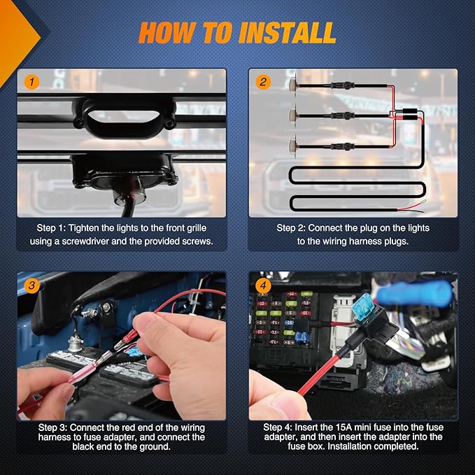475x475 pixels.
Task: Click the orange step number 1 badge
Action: pos(31,82)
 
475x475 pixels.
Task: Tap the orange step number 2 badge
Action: pos(263,82)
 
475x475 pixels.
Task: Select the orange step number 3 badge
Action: pos(31,285)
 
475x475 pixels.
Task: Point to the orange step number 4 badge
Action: pos(263,285)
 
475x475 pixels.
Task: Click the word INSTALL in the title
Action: pos(288,33)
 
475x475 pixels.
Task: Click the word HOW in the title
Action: pos(166,33)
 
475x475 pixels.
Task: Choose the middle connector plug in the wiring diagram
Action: pos(342,115)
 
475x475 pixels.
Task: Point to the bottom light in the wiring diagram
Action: pos(293,146)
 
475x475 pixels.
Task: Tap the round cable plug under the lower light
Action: pos(125,197)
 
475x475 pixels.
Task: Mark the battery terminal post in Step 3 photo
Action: pos(75,343)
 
